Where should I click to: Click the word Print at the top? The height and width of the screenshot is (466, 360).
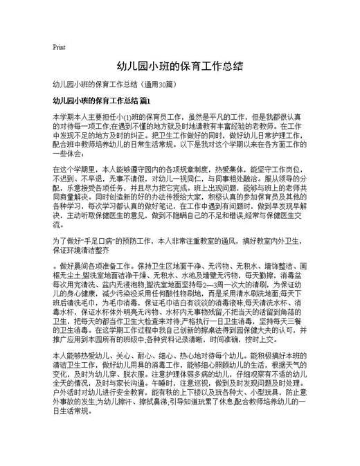[x=59, y=48]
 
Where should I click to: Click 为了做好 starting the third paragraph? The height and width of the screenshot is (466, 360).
[x=64, y=240]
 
